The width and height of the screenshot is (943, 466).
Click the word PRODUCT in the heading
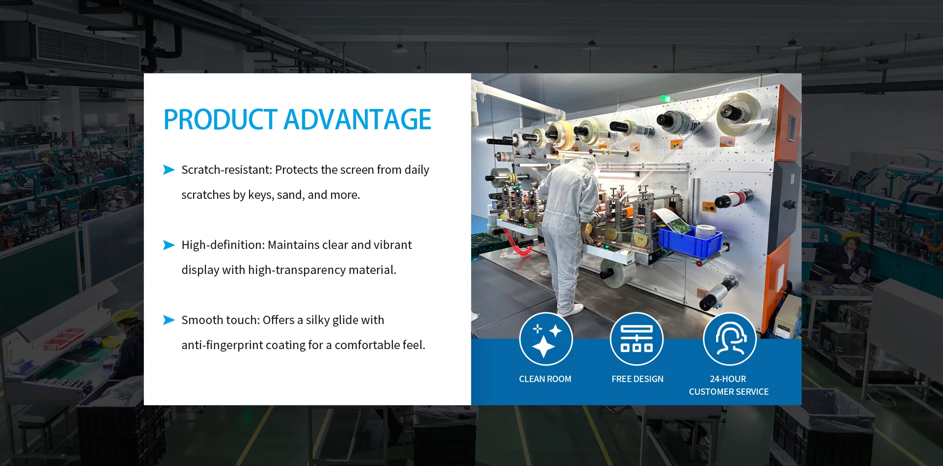click(221, 120)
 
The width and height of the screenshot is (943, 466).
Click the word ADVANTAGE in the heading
click(358, 120)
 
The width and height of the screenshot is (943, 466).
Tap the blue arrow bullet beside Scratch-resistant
click(169, 170)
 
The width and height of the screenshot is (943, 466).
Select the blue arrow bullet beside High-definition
click(169, 245)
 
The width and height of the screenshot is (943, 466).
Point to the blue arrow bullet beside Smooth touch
click(169, 320)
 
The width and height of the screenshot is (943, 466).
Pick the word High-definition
click(223, 245)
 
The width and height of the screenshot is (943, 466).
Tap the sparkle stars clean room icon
click(546, 339)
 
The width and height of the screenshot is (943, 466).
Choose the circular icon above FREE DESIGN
click(637, 339)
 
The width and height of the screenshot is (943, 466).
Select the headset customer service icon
click(729, 339)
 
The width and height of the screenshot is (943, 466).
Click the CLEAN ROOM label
click(545, 379)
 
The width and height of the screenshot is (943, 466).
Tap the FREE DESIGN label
click(638, 379)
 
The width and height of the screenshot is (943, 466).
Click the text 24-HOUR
click(728, 379)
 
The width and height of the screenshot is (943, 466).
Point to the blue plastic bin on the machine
click(690, 240)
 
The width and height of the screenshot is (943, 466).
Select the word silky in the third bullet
click(318, 321)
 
